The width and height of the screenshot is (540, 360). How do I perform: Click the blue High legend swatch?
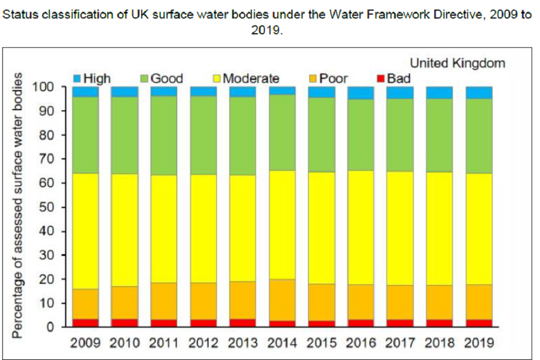coord(78,79)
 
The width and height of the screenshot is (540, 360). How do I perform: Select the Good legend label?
coord(166,79)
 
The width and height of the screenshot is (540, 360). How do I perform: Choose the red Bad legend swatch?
coord(380,79)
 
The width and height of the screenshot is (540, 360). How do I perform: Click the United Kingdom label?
coord(457,63)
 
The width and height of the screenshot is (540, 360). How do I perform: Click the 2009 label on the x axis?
coord(85,343)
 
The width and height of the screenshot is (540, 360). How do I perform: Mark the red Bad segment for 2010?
coord(124,323)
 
